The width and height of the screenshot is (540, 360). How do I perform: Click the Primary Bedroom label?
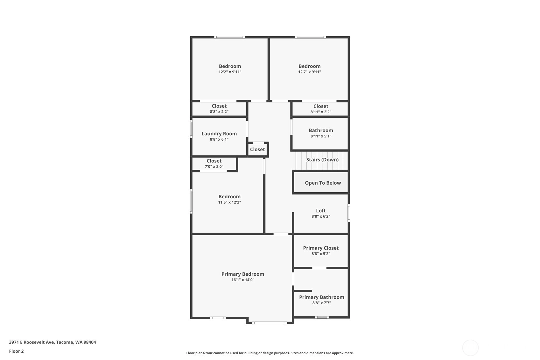click(243, 274)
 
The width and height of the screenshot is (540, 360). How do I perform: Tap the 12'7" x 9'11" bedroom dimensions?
click(310, 72)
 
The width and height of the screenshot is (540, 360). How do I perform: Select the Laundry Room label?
click(219, 134)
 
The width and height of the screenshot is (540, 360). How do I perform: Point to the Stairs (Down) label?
click(322, 159)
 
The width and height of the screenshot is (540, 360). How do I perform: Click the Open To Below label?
click(323, 183)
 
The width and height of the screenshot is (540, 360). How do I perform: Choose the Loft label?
click(321, 210)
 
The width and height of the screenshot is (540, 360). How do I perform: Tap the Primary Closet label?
click(321, 248)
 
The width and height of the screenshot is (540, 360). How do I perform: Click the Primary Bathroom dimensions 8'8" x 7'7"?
click(322, 303)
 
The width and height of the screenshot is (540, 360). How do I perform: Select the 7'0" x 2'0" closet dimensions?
click(214, 166)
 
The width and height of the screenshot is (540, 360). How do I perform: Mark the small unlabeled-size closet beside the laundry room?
click(257, 149)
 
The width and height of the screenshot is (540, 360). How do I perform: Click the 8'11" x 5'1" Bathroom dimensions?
click(321, 136)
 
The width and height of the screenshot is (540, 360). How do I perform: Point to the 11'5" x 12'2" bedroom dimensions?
click(229, 202)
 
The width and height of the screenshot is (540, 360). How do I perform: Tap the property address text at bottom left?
click(53, 342)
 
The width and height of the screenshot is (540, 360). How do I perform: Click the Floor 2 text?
click(17, 351)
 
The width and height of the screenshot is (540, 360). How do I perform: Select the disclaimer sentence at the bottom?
click(270, 353)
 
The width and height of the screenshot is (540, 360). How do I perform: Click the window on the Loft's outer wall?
click(348, 213)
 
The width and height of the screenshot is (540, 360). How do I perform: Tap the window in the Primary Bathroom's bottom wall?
click(322, 317)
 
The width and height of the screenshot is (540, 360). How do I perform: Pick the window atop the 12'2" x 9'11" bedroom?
click(230, 37)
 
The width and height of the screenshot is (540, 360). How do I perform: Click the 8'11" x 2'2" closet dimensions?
click(321, 112)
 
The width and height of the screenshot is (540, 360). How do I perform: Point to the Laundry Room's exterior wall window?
click(192, 129)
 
